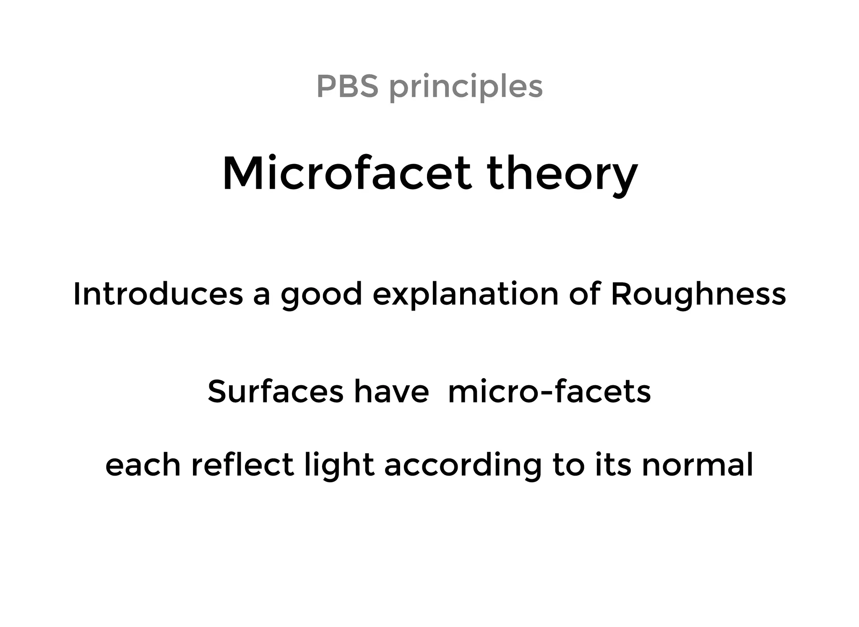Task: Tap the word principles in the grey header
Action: (x=466, y=87)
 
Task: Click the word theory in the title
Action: (x=562, y=174)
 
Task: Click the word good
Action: (x=321, y=295)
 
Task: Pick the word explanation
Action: (x=466, y=295)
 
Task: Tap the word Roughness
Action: (x=698, y=295)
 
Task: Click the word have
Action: (x=391, y=391)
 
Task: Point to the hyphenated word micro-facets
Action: (x=549, y=391)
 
